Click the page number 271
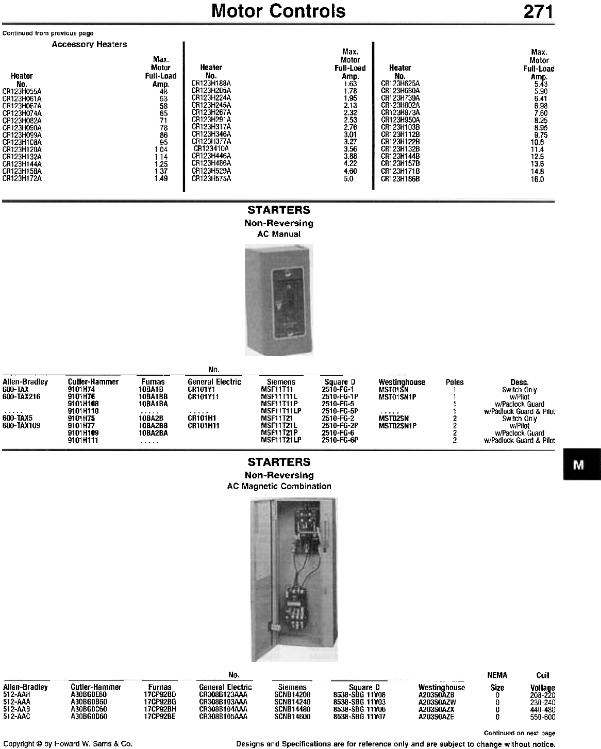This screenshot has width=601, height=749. click(x=539, y=11)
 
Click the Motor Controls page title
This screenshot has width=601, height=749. click(x=279, y=11)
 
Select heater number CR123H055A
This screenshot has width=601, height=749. click(x=22, y=91)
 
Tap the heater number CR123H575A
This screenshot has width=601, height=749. click(x=211, y=178)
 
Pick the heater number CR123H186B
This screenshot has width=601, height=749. click(x=400, y=179)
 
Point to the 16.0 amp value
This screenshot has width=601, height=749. click(x=538, y=179)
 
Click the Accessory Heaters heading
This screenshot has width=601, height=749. click(x=89, y=44)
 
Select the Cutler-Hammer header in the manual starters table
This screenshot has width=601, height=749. click(x=93, y=382)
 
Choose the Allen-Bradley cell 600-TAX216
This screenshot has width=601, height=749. click(x=22, y=396)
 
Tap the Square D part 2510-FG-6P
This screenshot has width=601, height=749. click(x=340, y=440)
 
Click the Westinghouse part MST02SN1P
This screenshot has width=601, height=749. click(x=397, y=426)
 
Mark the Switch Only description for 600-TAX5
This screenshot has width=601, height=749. click(x=519, y=419)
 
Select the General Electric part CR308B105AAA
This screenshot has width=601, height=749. click(x=223, y=717)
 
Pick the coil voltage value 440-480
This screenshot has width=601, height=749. click(x=543, y=709)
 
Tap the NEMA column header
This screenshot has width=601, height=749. click(x=497, y=675)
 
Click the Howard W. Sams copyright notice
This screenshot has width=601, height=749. click(x=68, y=744)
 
